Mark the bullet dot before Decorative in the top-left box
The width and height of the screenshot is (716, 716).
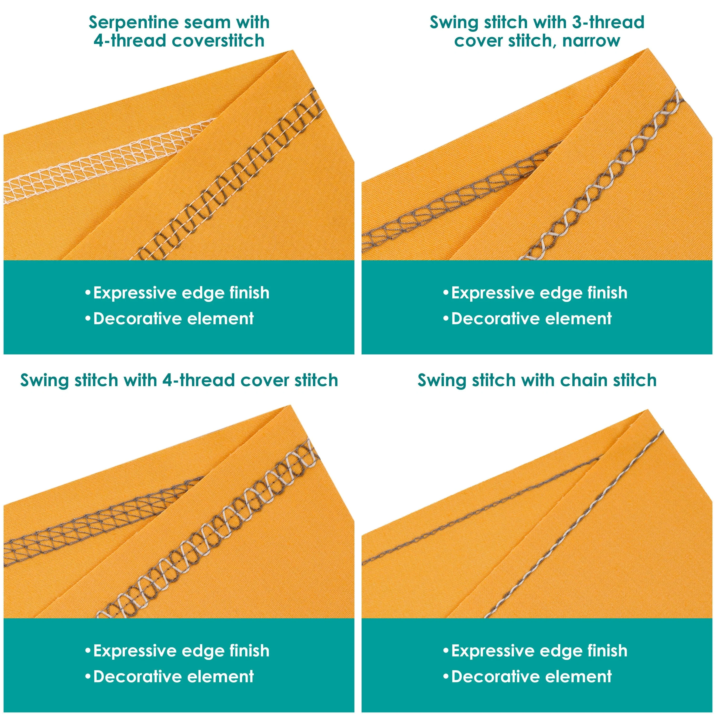point(88,319)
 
